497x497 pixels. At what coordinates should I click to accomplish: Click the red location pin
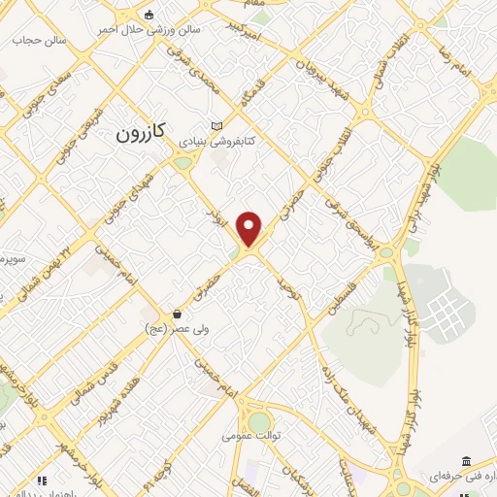250,228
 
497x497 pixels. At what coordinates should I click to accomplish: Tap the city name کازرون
144,131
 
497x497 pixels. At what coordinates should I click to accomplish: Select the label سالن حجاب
37,41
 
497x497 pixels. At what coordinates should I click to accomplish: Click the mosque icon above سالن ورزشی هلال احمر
149,15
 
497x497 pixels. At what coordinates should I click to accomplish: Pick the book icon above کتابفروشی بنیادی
216,126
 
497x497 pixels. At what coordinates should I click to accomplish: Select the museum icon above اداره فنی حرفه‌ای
467,460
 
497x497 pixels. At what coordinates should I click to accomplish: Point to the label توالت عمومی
251,436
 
